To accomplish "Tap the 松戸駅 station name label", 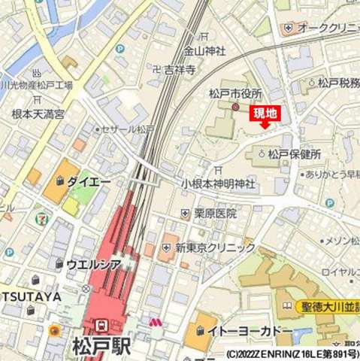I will (x=101, y=347).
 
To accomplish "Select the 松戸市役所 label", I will (x=235, y=93).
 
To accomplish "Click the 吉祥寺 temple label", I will (x=180, y=70).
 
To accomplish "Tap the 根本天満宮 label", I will (x=38, y=114).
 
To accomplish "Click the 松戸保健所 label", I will (x=295, y=154).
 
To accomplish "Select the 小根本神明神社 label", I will (x=218, y=184).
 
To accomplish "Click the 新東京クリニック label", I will (x=216, y=247).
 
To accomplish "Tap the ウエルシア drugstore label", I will (x=92, y=264).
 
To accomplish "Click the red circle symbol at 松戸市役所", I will (x=234, y=108).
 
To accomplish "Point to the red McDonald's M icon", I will (x=156, y=321).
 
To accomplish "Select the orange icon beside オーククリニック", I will (x=289, y=29).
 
